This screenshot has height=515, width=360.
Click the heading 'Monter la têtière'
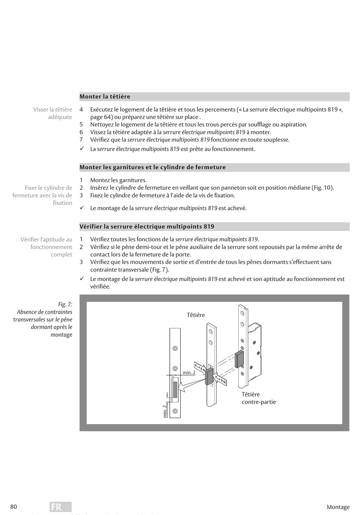pyautogui.click(x=105, y=97)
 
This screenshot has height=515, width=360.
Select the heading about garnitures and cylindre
pyautogui.click(x=152, y=167)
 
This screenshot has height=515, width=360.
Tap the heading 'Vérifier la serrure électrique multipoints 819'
pyautogui.click(x=147, y=226)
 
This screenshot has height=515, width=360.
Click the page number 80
pyautogui.click(x=14, y=507)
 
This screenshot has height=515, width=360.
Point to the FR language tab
pyautogui.click(x=60, y=507)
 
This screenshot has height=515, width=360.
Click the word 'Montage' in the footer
pyautogui.click(x=338, y=507)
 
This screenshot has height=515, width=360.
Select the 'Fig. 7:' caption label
pyautogui.click(x=65, y=304)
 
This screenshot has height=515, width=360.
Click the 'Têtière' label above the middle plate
pyautogui.click(x=196, y=315)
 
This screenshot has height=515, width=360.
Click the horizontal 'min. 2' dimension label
pyautogui.click(x=189, y=373)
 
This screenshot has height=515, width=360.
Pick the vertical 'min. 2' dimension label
pyautogui.click(x=165, y=411)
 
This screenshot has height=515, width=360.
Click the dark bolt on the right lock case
pyautogui.click(x=239, y=359)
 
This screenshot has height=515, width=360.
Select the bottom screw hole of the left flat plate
pyautogui.click(x=175, y=411)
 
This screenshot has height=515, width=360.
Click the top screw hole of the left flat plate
pyautogui.click(x=175, y=348)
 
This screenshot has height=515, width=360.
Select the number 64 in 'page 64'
pyautogui.click(x=108, y=117)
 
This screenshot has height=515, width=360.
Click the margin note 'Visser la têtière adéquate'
pyautogui.click(x=53, y=113)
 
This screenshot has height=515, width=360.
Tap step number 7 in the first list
pyautogui.click(x=81, y=140)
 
